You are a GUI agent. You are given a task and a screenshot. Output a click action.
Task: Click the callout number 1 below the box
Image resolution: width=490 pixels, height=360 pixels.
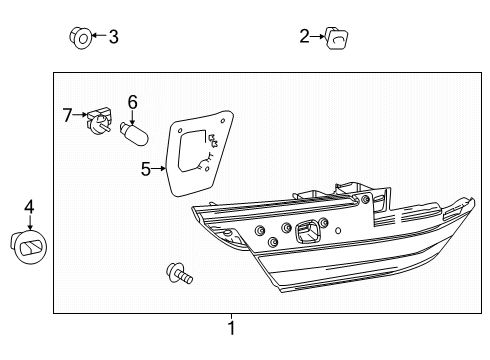coord(231,327)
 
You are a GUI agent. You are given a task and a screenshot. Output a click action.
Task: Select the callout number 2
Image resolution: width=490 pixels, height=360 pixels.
coord(304,37)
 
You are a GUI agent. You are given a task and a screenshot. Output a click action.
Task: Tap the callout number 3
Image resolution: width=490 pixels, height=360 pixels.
coord(113,37)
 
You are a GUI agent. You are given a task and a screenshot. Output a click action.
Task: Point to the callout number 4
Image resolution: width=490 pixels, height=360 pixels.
coord(29,207)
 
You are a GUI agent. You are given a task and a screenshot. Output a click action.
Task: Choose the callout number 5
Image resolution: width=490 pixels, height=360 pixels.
coord(146,170)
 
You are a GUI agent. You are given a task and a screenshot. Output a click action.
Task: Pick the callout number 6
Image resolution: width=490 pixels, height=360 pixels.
coord(131,101)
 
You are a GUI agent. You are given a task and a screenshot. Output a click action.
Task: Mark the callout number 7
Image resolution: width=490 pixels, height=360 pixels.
coord(68,116)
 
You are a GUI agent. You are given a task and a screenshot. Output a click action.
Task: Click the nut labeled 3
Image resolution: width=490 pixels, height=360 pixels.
coord(80,37)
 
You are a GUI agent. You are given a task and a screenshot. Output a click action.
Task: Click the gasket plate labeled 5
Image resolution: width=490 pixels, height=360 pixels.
coord(194,155)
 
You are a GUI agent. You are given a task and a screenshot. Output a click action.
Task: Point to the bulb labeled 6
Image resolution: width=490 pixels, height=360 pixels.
coord(133,130)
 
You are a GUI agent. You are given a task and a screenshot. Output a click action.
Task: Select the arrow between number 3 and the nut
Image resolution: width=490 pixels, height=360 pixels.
coord(97,37)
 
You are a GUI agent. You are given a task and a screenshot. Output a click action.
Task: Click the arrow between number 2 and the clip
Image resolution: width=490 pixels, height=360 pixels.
coord(319,37)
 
